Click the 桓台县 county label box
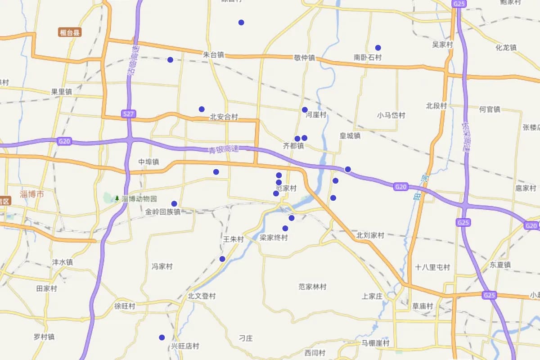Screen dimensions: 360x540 (70, 32)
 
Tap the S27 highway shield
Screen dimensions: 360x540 (129, 114)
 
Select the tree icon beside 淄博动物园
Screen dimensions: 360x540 (117, 198)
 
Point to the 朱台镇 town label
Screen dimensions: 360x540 (213, 55)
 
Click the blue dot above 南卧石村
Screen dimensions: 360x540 (378, 48)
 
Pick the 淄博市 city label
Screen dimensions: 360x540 (32, 194)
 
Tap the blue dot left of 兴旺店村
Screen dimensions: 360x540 (162, 337)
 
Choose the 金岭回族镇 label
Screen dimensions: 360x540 (163, 211)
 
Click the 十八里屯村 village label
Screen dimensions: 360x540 (432, 267)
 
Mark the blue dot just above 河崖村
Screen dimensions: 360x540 (305, 110)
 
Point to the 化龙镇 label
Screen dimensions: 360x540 (506, 48)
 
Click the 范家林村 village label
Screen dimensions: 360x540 (312, 287)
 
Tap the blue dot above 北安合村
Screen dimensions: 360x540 (202, 109)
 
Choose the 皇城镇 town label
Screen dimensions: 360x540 (350, 135)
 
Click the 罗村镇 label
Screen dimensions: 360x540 (44, 337)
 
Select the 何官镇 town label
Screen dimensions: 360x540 (490, 109)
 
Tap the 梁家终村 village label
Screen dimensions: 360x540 (274, 238)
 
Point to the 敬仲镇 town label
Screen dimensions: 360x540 (305, 58)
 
